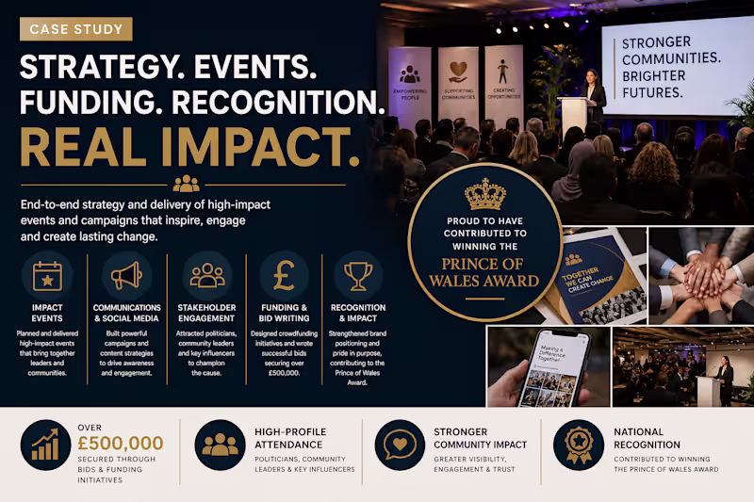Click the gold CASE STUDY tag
pyautogui.click(x=76, y=29)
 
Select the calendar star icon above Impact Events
pyautogui.click(x=43, y=276)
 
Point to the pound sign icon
pyautogui.click(x=284, y=276)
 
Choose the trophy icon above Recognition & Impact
pyautogui.click(x=358, y=276)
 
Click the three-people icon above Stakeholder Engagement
pyautogui.click(x=207, y=276)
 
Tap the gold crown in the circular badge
pyautogui.click(x=485, y=195)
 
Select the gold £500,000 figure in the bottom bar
pyautogui.click(x=120, y=443)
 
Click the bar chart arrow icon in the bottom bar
pyautogui.click(x=44, y=445)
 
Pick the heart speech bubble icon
pyautogui.click(x=400, y=445)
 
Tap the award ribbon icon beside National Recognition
pyautogui.click(x=578, y=445)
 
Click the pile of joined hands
pyautogui.click(x=702, y=278)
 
